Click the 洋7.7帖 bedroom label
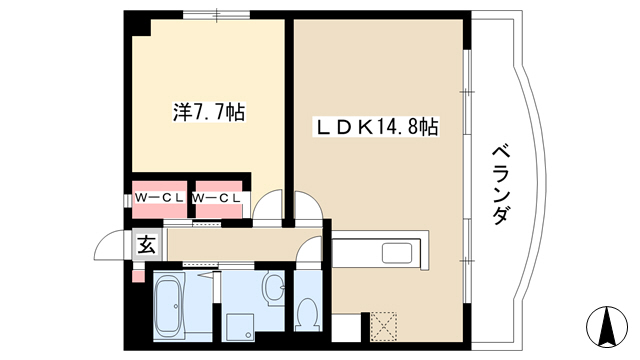209,112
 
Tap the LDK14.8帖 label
376,127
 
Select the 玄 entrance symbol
146,245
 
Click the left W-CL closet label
159,198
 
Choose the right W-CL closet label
216,198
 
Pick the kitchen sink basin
397,253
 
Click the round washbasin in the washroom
273,288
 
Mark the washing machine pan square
240,327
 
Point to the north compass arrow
607,325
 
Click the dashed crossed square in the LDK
383,326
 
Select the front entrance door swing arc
109,244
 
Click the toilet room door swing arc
307,248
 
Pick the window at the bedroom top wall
216,15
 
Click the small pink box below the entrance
139,276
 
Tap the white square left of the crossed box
346,328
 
